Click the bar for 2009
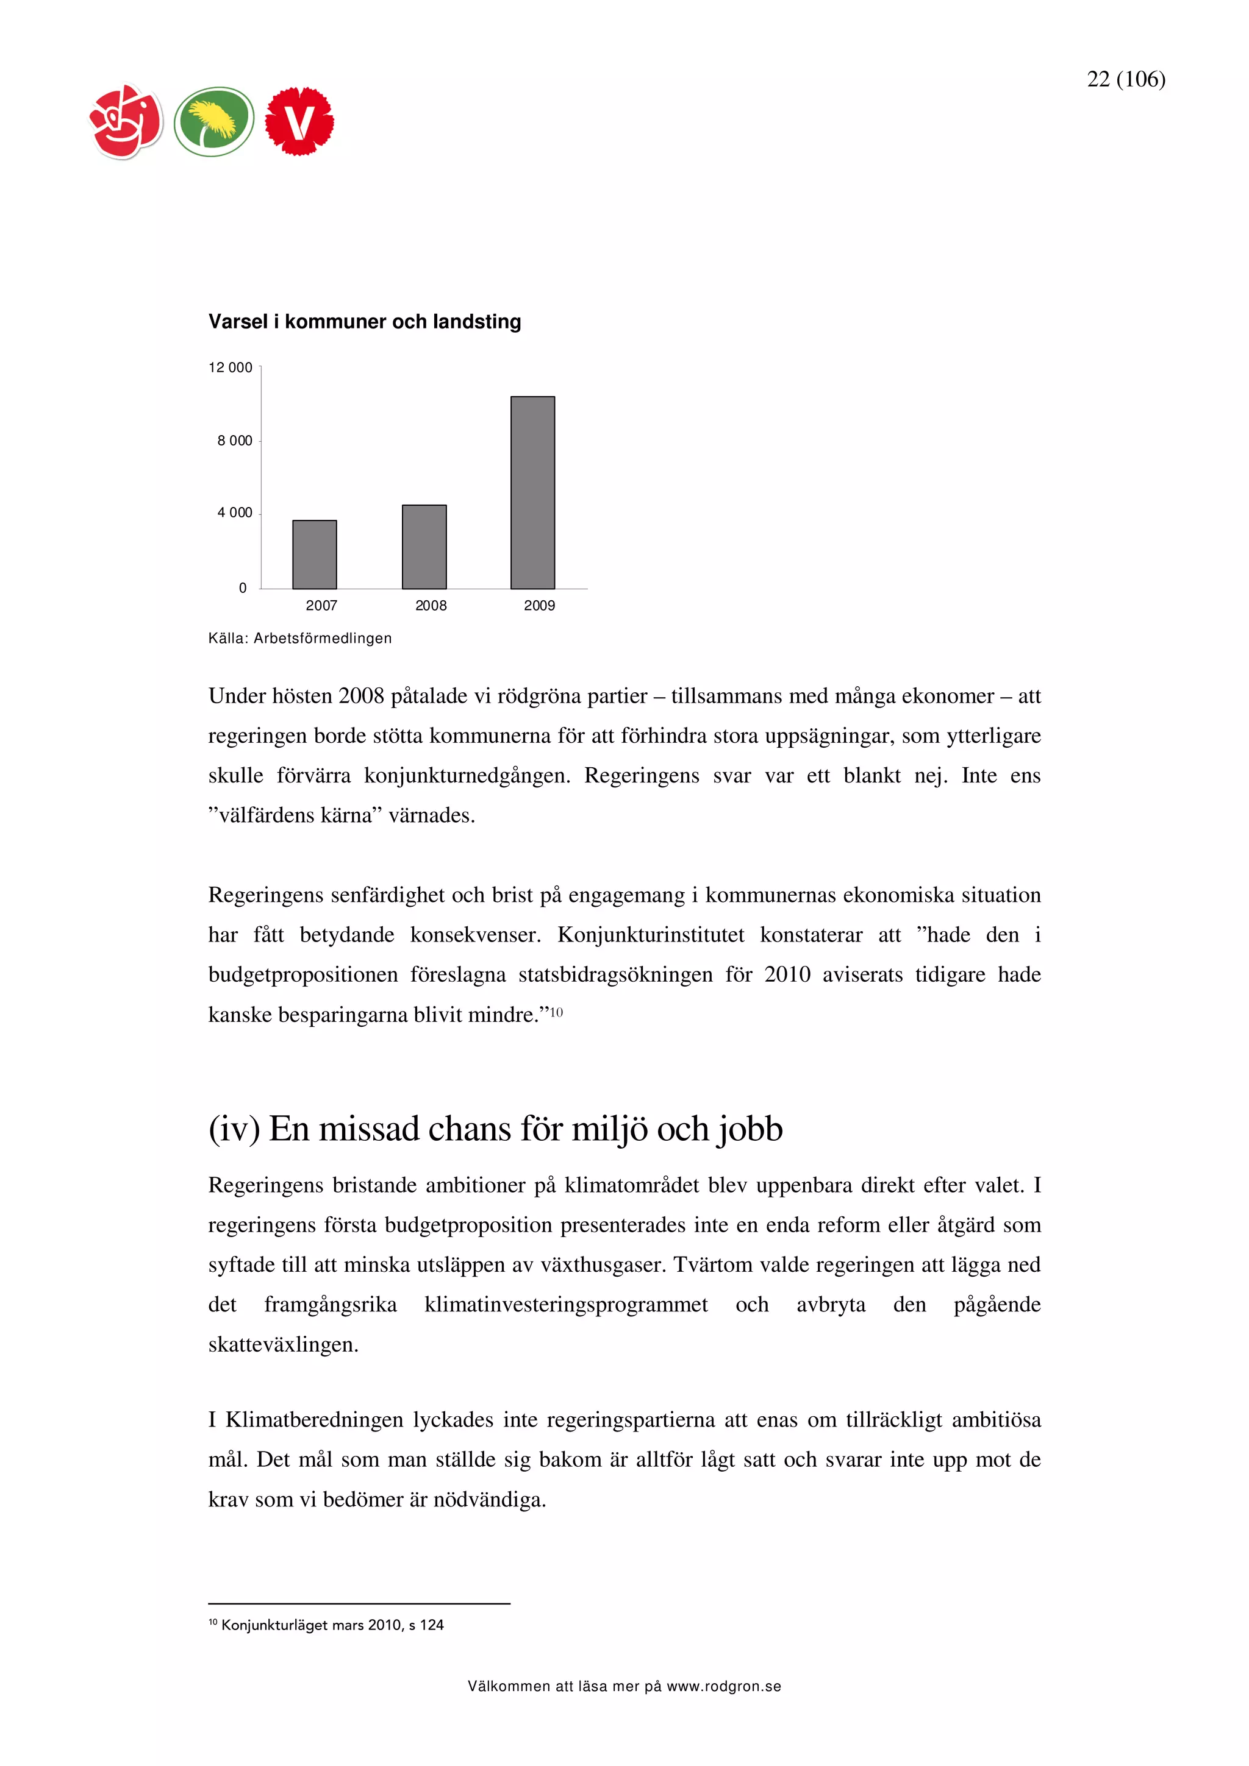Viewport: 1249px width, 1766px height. click(532, 492)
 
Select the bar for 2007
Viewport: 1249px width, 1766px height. click(314, 555)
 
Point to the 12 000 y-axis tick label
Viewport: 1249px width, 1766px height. click(230, 367)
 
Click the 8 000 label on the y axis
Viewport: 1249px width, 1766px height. click(235, 441)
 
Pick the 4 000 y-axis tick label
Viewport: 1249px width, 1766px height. click(235, 513)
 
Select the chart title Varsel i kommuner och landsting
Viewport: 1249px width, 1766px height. click(365, 322)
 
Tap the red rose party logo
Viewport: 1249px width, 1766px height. click(126, 121)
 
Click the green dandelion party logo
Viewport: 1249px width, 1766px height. click(213, 121)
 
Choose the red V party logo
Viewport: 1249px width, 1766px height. click(299, 121)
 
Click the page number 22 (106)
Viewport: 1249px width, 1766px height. click(1126, 79)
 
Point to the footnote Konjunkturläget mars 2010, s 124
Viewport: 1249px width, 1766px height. click(331, 1625)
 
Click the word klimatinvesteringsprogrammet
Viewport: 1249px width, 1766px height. click(565, 1305)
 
